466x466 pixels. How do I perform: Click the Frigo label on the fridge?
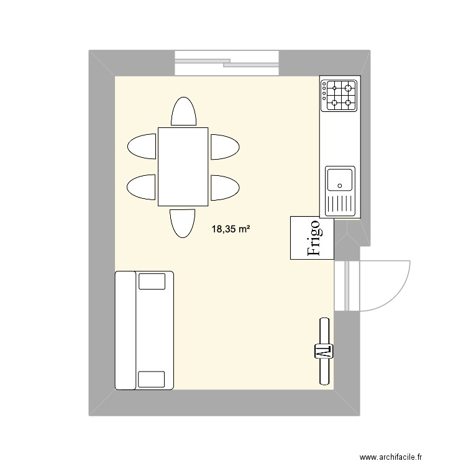pyautogui.click(x=313, y=238)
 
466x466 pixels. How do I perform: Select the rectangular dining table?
pyautogui.click(x=183, y=166)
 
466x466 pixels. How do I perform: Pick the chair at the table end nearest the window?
pyautogui.click(x=183, y=112)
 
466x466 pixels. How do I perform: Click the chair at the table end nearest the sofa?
pyautogui.click(x=183, y=222)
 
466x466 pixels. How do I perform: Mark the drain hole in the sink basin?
pyautogui.click(x=339, y=185)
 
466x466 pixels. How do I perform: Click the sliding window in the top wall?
pyautogui.click(x=226, y=60)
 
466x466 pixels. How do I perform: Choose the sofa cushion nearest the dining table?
pyautogui.click(x=152, y=281)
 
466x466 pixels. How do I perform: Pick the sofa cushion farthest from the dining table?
pyautogui.click(x=151, y=379)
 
